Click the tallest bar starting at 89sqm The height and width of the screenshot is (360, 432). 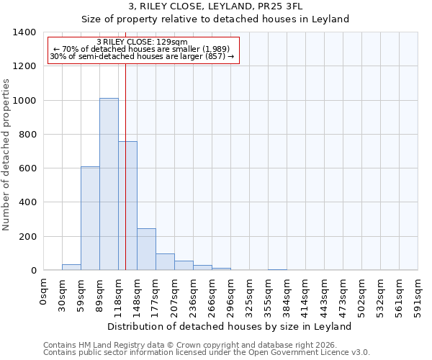point(109,184)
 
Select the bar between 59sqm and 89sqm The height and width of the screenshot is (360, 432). point(90,218)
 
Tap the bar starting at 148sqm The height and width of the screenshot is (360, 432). point(146,249)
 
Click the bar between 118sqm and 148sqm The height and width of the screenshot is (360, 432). point(127,206)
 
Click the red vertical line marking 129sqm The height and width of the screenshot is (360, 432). point(125,166)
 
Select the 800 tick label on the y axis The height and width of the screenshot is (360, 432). point(27,135)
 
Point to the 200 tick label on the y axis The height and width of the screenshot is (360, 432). point(27,237)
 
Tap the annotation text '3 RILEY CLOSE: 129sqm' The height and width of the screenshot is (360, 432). point(142,42)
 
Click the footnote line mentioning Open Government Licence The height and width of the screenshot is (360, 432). point(207,353)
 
